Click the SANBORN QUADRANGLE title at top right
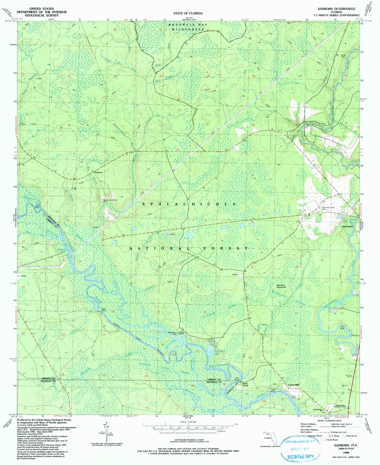336,9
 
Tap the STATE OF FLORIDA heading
188,13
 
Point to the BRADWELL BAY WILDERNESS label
188,27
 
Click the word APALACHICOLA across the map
189,204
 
